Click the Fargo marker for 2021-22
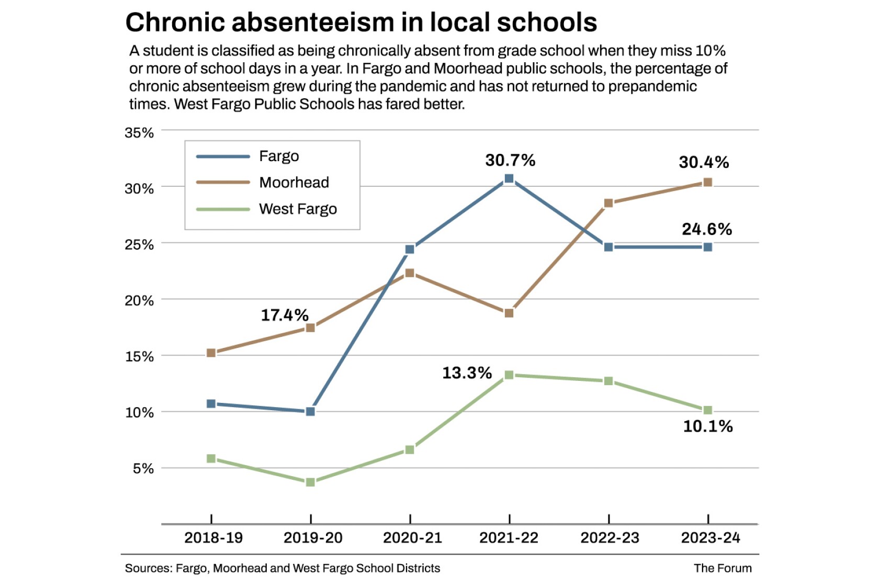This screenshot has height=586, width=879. (x=509, y=179)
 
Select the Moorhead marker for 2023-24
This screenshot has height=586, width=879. (x=707, y=183)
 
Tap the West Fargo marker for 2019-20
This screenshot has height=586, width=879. (x=310, y=482)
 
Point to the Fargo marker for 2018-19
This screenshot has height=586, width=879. (x=211, y=404)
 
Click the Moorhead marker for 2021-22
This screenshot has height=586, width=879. (x=509, y=313)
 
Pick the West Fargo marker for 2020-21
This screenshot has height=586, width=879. (x=410, y=450)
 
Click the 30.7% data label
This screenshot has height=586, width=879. (x=510, y=160)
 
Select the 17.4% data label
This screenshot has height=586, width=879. (x=285, y=315)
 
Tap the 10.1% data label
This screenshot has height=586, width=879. (x=708, y=426)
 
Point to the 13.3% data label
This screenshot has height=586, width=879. (x=467, y=373)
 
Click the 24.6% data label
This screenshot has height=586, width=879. (x=707, y=229)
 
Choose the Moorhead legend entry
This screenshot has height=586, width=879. (x=294, y=183)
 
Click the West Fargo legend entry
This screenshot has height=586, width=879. (x=298, y=209)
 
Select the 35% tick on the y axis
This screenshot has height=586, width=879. (x=139, y=133)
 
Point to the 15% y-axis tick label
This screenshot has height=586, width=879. (x=139, y=357)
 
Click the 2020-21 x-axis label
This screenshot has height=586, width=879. (x=412, y=538)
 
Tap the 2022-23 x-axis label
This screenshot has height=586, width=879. (x=610, y=538)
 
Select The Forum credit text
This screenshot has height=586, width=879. (x=723, y=568)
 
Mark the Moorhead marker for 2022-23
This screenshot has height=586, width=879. (x=608, y=203)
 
